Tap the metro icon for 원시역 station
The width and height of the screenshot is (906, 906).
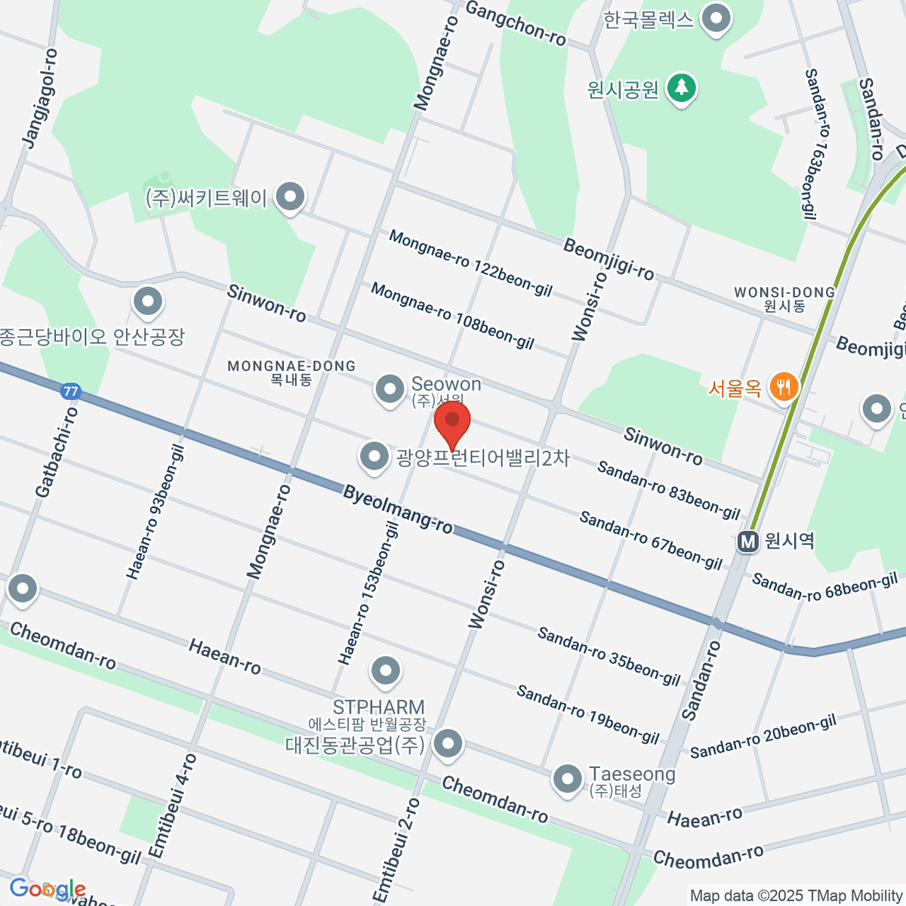pos(747,541)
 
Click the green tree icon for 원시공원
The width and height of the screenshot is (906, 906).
pos(682,88)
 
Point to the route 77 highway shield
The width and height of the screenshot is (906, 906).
pos(70,392)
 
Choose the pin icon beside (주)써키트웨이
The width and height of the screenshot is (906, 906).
pos(289,197)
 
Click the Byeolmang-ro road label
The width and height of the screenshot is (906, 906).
pos(398,510)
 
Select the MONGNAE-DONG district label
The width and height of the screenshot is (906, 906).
pos(291,366)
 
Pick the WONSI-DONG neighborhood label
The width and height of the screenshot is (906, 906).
pos(784,292)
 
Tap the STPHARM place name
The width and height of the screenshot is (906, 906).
pos(378,707)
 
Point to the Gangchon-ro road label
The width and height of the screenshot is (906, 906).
pos(516,23)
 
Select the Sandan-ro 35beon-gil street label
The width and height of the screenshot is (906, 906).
pos(609,655)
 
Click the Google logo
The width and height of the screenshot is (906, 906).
pos(47,889)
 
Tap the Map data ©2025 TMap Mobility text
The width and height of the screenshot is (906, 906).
pos(797,896)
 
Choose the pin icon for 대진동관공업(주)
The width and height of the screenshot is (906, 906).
pos(449,744)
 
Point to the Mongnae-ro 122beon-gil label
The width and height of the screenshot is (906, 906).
pos(470,263)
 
